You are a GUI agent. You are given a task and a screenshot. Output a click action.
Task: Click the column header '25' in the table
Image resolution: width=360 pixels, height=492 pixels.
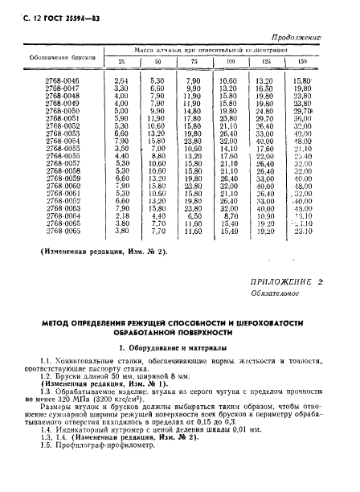click(123, 62)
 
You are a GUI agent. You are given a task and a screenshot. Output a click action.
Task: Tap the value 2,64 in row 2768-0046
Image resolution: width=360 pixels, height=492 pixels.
click(122, 81)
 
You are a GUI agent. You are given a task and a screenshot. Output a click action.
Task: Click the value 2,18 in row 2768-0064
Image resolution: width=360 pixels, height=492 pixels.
click(122, 215)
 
